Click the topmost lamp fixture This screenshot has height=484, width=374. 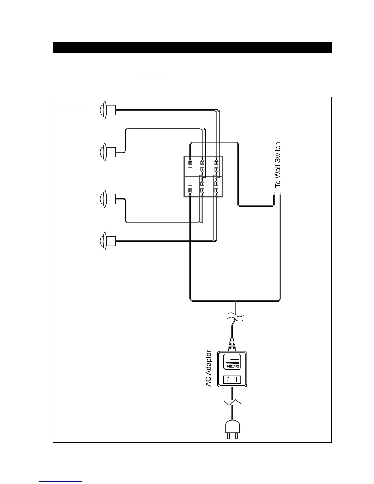click(108, 110)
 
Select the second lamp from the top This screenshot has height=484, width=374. click(108, 151)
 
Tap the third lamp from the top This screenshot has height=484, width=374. click(108, 199)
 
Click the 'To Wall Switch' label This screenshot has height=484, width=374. click(277, 165)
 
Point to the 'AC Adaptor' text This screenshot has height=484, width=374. click(209, 368)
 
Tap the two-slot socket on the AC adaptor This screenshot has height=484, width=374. click(232, 380)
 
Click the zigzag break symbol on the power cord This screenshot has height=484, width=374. click(232, 403)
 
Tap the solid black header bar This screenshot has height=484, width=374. click(192, 48)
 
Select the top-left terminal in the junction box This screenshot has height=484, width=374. click(190, 162)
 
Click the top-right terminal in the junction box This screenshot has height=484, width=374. click(216, 162)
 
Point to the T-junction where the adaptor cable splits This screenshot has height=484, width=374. click(235, 301)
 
